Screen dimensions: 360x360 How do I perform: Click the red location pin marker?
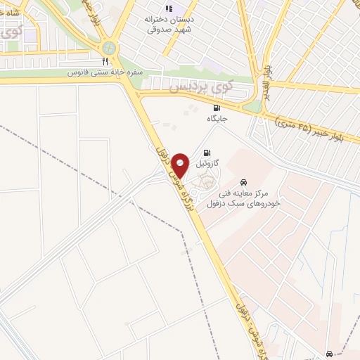pyautogui.click(x=181, y=165)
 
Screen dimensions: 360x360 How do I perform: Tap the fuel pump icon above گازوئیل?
pyautogui.click(x=206, y=153)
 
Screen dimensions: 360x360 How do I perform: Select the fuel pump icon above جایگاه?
pyautogui.click(x=217, y=108)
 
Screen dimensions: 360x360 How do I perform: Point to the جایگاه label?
pyautogui.click(x=217, y=118)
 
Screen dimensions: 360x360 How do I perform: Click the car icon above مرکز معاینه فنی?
pyautogui.click(x=244, y=181)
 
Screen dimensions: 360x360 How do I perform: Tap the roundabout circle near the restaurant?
pyautogui.click(x=109, y=48)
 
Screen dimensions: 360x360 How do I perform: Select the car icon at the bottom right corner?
pyautogui.click(x=329, y=353)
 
